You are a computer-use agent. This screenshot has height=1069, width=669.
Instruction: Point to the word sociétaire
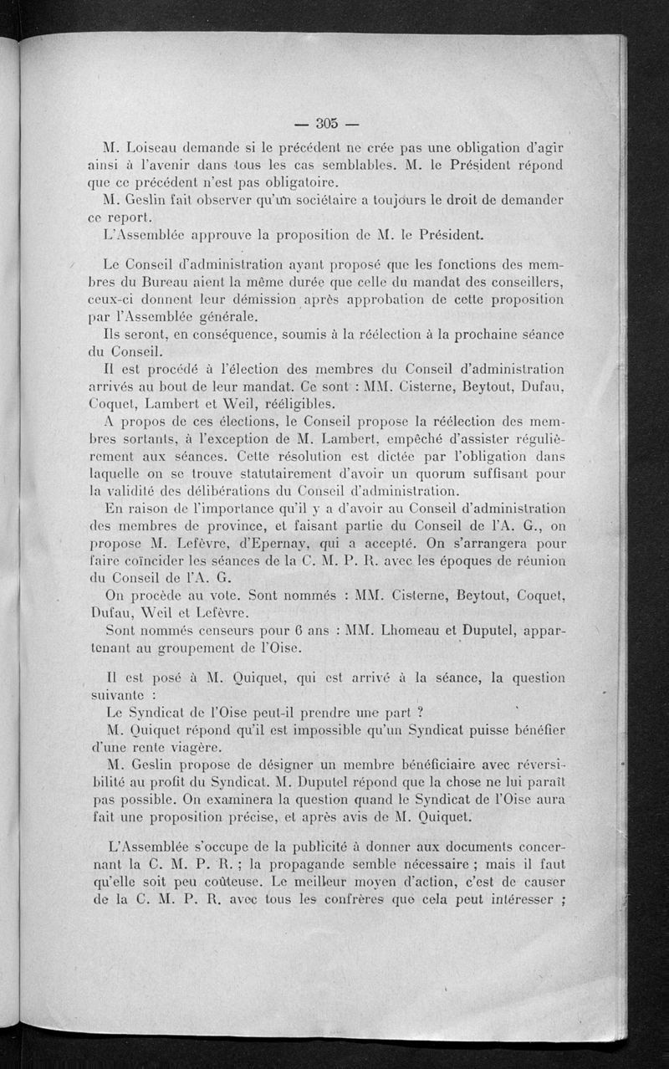coord(314,201)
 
